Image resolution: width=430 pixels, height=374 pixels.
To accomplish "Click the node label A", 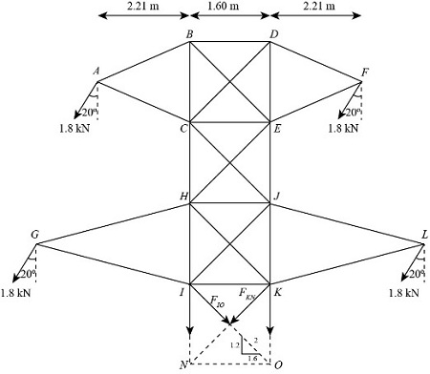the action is coord(96,71).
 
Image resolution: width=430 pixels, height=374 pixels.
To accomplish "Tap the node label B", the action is coord(189,34).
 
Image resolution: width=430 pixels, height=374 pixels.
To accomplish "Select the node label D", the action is coord(274,34).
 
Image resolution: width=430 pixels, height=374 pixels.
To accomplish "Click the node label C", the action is coord(181,129).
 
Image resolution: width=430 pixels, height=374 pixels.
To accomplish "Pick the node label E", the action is coord(280,129).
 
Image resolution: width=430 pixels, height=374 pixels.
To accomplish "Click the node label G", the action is coord(34,235).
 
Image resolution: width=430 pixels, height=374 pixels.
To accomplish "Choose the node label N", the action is coord(182,364).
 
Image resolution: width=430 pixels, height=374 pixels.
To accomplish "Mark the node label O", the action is coord(278,364).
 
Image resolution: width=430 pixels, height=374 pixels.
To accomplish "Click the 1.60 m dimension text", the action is coord(229,7).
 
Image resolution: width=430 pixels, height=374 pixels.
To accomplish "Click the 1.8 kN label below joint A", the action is coord(65,127).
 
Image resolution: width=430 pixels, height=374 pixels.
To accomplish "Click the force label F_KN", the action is coord(247,297).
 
